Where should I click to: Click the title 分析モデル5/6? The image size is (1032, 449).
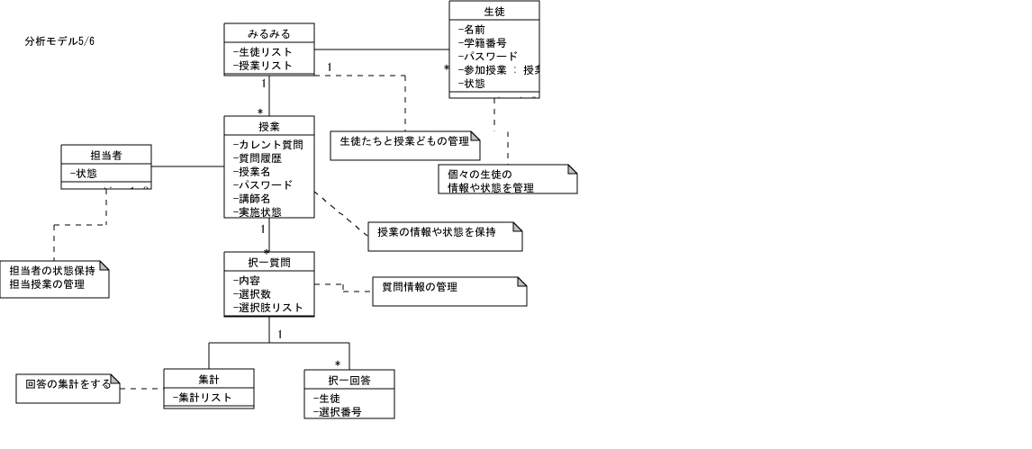click(60, 41)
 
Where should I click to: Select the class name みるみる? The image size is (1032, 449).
click(269, 33)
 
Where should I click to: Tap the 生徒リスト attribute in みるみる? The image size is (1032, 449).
click(263, 52)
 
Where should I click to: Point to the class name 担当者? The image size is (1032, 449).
click(106, 155)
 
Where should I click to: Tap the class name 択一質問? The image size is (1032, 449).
click(269, 262)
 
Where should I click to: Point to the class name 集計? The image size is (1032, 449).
click(209, 379)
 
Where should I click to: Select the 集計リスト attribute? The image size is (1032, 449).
click(203, 398)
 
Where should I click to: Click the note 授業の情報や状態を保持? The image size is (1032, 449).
click(436, 232)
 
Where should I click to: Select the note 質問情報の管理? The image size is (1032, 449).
click(420, 287)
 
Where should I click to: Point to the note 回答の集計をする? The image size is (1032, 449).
click(68, 384)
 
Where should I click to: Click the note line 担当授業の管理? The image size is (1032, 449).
click(47, 284)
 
